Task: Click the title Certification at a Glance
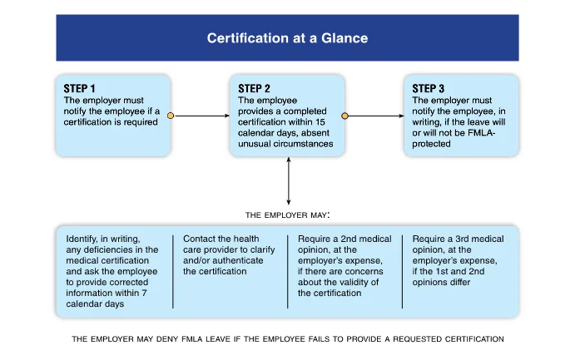(287, 38)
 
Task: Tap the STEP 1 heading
(80, 88)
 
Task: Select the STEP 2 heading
(255, 88)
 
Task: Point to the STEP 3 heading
(429, 88)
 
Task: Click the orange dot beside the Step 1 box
(171, 116)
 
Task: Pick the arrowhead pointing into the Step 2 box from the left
(224, 116)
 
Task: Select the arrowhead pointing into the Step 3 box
(399, 116)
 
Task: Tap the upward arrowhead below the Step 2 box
(289, 164)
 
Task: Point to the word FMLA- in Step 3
(483, 132)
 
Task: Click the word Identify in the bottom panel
(83, 239)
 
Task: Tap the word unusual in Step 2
(257, 144)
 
